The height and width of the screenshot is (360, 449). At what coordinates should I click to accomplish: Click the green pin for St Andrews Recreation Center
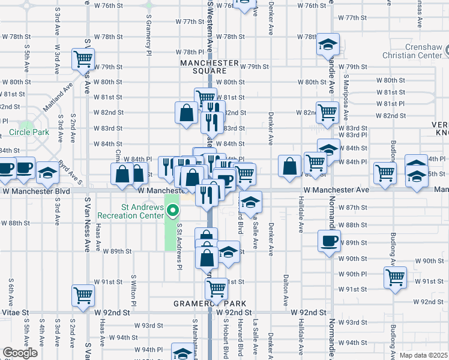tap(173, 210)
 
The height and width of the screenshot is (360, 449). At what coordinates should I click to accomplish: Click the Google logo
tap(20, 353)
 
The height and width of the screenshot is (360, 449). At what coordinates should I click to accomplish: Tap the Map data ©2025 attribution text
tap(423, 355)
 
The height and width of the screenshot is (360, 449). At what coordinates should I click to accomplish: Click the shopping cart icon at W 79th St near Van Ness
tap(82, 59)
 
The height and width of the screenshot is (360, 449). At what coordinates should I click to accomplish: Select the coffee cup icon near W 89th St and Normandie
tap(329, 241)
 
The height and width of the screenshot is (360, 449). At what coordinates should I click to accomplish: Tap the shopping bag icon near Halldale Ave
tap(289, 167)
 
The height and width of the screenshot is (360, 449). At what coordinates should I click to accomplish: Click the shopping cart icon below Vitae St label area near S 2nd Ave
tap(82, 294)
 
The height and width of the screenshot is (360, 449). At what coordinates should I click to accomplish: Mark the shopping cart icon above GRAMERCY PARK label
tap(216, 287)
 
